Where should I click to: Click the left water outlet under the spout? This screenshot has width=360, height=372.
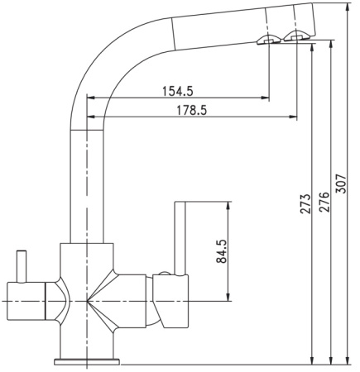[268, 41]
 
